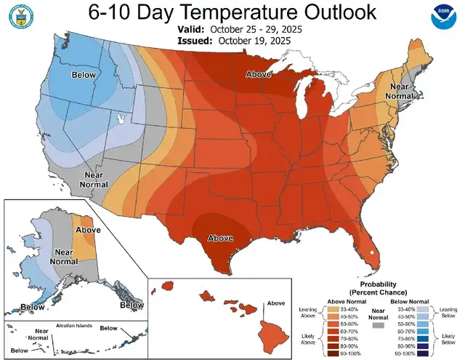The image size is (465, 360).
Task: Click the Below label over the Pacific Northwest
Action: pyautogui.click(x=83, y=75)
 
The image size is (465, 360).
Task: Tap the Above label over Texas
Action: pyautogui.click(x=221, y=238)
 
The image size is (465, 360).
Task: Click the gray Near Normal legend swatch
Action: pyautogui.click(x=376, y=327)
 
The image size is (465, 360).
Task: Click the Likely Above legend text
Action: pyautogui.click(x=308, y=339)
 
